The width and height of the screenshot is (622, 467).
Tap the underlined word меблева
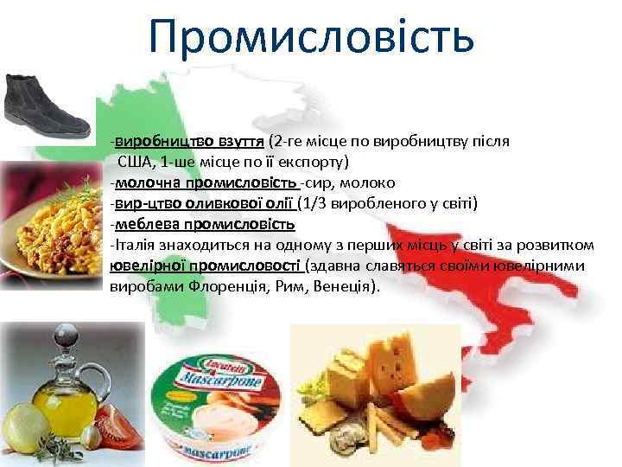pos(143,224)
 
